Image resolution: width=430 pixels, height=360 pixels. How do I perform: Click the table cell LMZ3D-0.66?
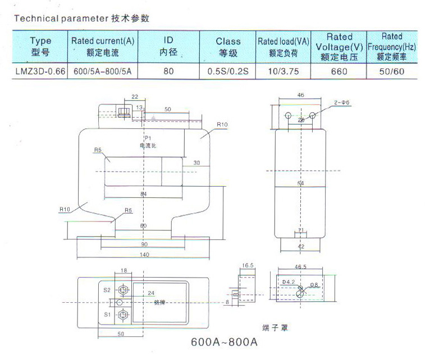click(40, 71)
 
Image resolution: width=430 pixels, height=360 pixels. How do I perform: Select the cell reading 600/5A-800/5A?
click(103, 71)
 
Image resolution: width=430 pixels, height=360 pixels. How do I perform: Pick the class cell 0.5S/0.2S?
click(228, 71)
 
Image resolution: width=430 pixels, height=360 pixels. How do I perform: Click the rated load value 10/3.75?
click(283, 71)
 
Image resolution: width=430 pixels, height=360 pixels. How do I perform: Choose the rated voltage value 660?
click(339, 71)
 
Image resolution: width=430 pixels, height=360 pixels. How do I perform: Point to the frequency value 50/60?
click(391, 71)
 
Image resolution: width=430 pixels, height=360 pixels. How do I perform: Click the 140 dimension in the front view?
click(144, 254)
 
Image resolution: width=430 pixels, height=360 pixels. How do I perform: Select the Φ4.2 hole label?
click(288, 281)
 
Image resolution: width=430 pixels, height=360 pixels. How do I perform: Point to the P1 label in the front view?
click(148, 138)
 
